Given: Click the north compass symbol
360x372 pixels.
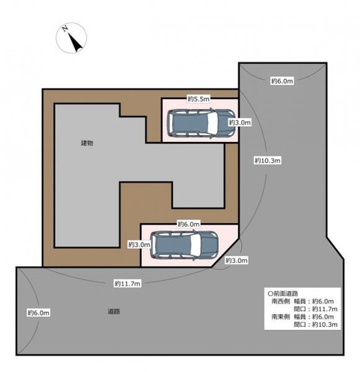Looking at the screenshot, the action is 71,38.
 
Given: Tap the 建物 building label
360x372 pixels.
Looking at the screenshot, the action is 87,143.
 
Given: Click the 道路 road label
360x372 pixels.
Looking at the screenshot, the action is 113,311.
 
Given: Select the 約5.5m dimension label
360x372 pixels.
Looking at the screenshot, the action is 198,99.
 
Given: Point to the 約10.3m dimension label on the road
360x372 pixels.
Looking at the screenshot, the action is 268,160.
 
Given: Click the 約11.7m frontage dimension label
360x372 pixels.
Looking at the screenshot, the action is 128,283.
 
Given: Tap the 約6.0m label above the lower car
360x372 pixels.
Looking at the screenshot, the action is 189,224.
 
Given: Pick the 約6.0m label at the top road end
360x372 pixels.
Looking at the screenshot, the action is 282,81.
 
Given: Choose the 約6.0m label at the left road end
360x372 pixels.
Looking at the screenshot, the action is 38,313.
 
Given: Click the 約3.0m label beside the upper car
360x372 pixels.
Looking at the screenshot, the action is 240,122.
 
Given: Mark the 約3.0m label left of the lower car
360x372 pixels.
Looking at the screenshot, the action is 139,244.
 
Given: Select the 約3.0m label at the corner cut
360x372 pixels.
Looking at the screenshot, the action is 236,261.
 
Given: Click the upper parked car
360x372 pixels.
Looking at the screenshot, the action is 201,123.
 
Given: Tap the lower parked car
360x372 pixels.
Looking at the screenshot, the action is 184,245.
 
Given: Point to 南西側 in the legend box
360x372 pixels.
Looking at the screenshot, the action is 280,301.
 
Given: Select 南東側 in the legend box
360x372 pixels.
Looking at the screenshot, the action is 280,316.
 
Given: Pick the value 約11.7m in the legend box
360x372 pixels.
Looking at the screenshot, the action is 325,309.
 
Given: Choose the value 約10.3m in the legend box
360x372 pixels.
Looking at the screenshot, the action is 325,325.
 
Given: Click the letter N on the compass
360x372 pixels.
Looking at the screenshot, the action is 65,29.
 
